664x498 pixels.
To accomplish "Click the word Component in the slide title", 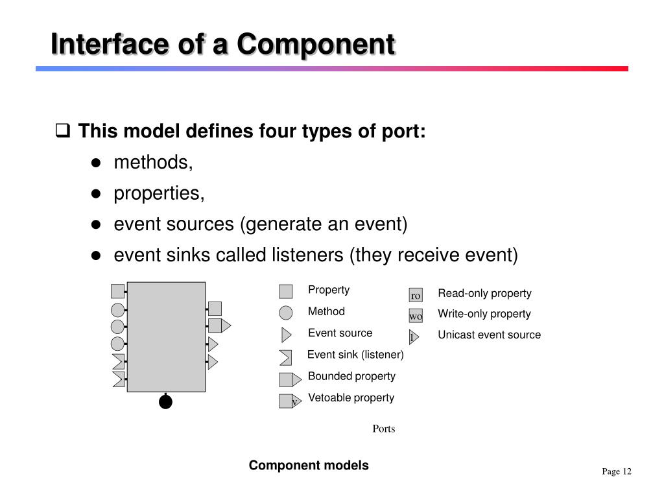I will click(315, 44).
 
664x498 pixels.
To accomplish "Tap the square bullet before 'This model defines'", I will click(63, 132).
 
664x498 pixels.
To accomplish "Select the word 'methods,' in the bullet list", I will click(154, 163).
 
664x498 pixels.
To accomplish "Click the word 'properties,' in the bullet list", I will click(160, 193).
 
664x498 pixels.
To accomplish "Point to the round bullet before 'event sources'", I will click(96, 224).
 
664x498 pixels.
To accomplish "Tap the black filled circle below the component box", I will click(166, 402).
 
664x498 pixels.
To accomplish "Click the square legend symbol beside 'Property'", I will click(286, 291).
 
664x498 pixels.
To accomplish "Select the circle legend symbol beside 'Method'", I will click(286, 313).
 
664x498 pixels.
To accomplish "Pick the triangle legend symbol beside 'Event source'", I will click(286, 335).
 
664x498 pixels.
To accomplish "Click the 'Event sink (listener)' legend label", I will click(355, 355).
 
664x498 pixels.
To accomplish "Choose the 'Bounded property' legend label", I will click(351, 376).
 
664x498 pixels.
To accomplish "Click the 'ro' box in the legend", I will click(416, 296).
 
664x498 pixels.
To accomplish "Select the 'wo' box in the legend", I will click(416, 316).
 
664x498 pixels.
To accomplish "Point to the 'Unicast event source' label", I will click(489, 335).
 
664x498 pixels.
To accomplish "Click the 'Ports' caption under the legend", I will click(384, 429).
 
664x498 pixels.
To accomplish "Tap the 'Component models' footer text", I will click(309, 466).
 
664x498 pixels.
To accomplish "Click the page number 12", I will click(626, 471).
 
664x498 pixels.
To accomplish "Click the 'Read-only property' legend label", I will click(484, 293).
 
